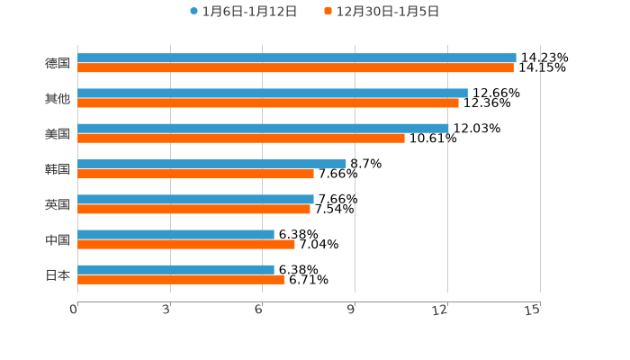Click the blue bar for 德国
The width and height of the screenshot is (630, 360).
click(297, 58)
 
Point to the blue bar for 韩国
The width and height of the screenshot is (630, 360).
click(211, 164)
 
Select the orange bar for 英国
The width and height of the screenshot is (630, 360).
click(193, 209)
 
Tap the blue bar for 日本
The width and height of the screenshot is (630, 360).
click(175, 269)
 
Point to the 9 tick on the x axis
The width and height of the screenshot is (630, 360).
click(351, 310)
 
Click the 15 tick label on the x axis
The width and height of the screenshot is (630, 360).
click(532, 310)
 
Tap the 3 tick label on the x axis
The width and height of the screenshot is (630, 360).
click(166, 310)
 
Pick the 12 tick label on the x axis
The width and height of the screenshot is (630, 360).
click(440, 310)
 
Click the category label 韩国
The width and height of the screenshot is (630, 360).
click(58, 169)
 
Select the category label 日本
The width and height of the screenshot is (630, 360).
click(58, 274)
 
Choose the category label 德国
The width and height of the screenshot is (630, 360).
click(58, 63)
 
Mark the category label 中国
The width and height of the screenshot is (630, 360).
click(58, 239)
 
